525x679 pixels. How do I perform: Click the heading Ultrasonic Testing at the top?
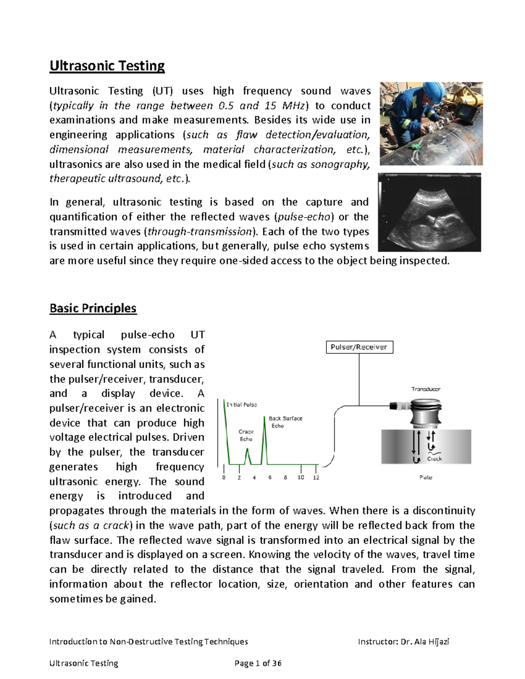107,66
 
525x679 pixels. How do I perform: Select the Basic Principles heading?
93,308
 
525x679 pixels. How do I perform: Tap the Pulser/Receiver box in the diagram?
359,347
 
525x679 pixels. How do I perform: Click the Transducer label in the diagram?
425,389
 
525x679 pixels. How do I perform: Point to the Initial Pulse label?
241,404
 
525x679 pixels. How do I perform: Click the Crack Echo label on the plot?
246,435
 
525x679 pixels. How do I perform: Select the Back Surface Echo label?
285,422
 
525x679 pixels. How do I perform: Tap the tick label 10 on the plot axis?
301,477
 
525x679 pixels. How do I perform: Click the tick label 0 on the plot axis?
224,477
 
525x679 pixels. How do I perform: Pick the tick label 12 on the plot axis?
316,477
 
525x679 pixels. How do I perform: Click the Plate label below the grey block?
426,477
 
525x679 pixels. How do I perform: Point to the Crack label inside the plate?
434,459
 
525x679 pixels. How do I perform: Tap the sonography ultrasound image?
429,212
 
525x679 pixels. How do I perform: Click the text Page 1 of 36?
258,663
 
